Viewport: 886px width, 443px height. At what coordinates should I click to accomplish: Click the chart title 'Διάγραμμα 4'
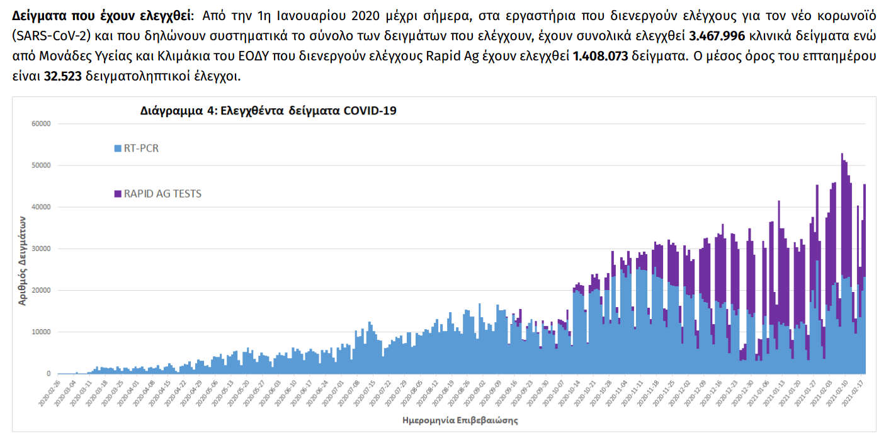pyautogui.click(x=268, y=111)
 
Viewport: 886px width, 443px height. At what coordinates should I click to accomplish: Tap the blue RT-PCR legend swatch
pyautogui.click(x=118, y=149)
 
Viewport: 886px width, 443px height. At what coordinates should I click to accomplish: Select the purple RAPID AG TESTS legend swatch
pyautogui.click(x=118, y=194)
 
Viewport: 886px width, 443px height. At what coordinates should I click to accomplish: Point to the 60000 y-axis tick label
pyautogui.click(x=41, y=124)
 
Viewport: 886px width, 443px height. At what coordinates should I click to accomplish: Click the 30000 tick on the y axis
pyautogui.click(x=41, y=249)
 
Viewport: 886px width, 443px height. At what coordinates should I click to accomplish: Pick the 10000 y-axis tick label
pyautogui.click(x=41, y=332)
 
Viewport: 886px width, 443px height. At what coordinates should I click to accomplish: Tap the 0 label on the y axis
pyautogui.click(x=48, y=374)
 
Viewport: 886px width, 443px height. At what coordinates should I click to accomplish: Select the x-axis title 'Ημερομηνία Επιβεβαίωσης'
pyautogui.click(x=460, y=419)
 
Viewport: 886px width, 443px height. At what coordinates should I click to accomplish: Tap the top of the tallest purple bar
pyautogui.click(x=842, y=154)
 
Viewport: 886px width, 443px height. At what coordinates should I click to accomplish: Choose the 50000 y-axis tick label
pyautogui.click(x=41, y=165)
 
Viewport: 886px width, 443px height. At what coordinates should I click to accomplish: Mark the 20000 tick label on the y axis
pyautogui.click(x=41, y=290)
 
